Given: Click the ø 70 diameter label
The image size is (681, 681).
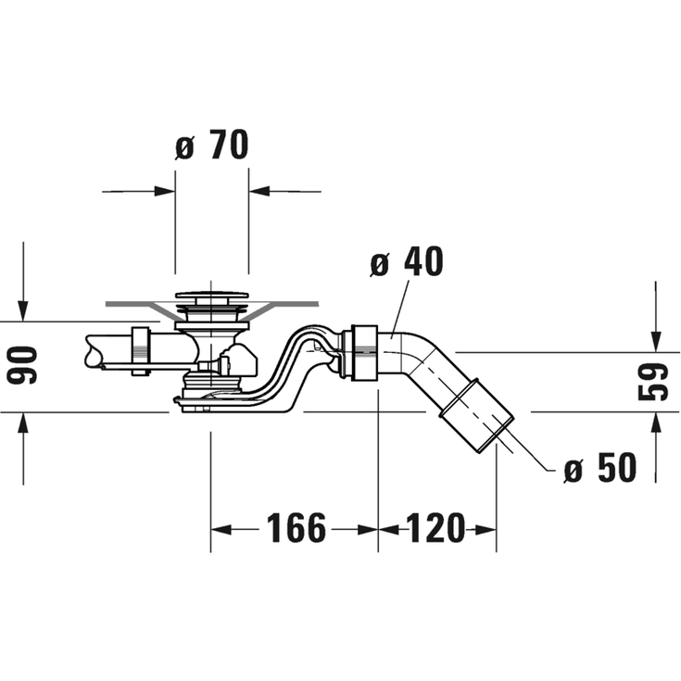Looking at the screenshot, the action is tap(212, 145).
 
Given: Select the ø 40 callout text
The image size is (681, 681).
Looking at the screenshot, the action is tap(407, 261).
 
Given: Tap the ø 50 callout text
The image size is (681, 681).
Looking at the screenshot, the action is tap(599, 467).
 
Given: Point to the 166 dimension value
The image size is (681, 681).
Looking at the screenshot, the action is tap(296, 528).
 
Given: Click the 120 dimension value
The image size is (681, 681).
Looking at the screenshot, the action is tap(435, 528).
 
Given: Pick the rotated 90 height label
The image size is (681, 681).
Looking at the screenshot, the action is tap(22, 365).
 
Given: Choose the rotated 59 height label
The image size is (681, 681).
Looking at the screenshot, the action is tap(653, 382).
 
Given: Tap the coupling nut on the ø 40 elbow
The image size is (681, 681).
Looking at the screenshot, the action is tap(365, 353).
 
